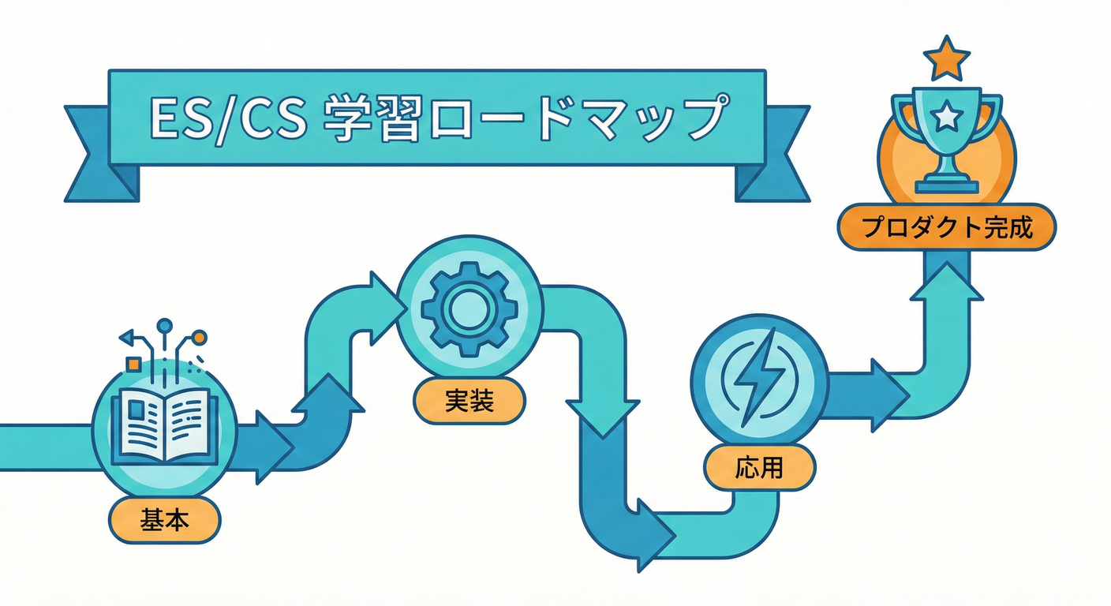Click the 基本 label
click(x=166, y=520)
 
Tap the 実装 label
click(x=469, y=402)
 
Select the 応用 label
click(x=759, y=468)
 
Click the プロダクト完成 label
click(x=946, y=228)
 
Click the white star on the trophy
click(x=945, y=118)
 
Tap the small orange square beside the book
click(x=133, y=363)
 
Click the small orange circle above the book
click(x=200, y=337)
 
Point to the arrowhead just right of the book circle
click(x=273, y=446)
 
